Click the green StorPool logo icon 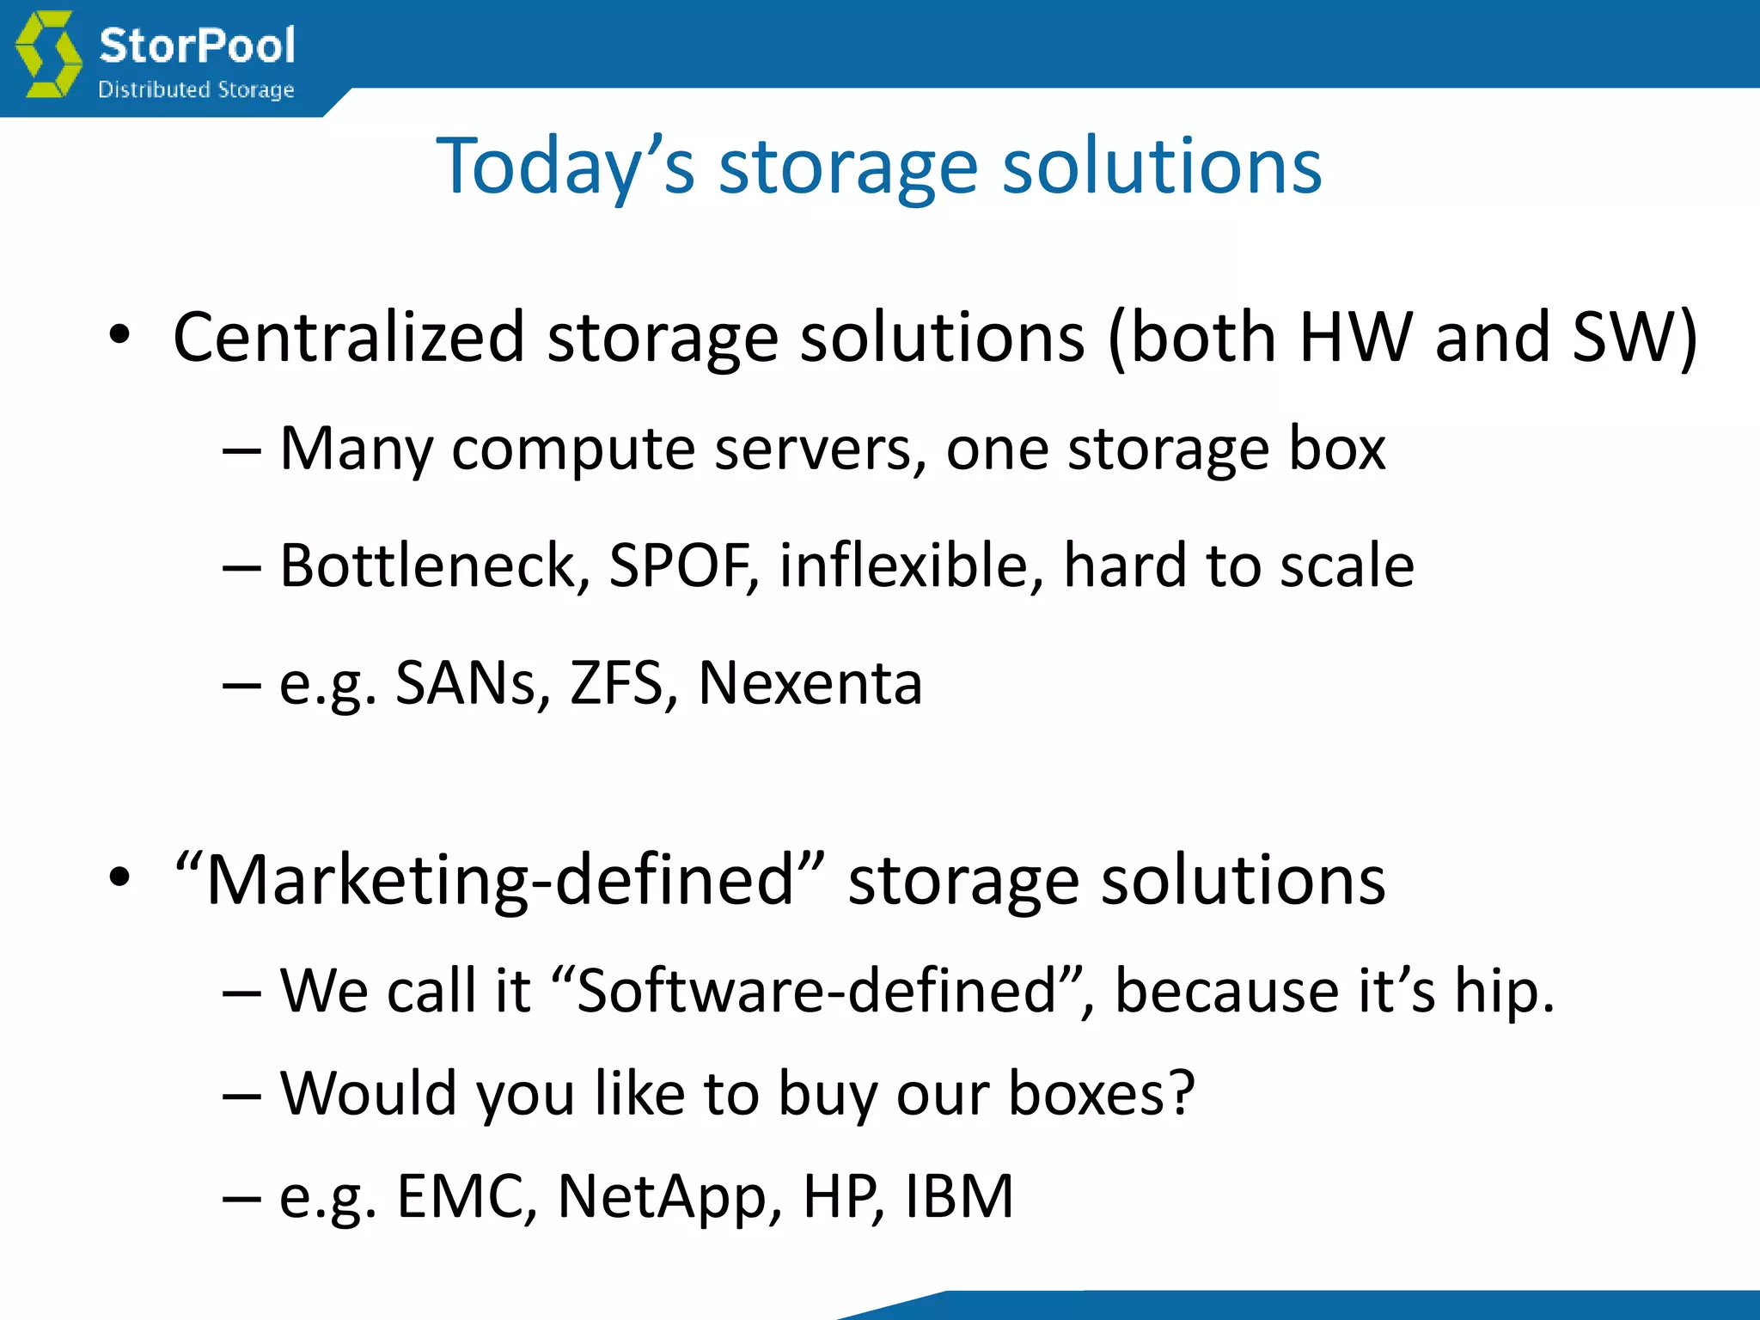49,55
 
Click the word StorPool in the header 197,46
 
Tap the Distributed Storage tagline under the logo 196,89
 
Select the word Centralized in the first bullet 349,337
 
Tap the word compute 573,449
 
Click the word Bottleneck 435,565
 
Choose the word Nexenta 810,683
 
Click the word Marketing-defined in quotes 499,880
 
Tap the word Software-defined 816,991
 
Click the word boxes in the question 1101,1093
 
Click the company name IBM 959,1196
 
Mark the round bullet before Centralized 119,335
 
